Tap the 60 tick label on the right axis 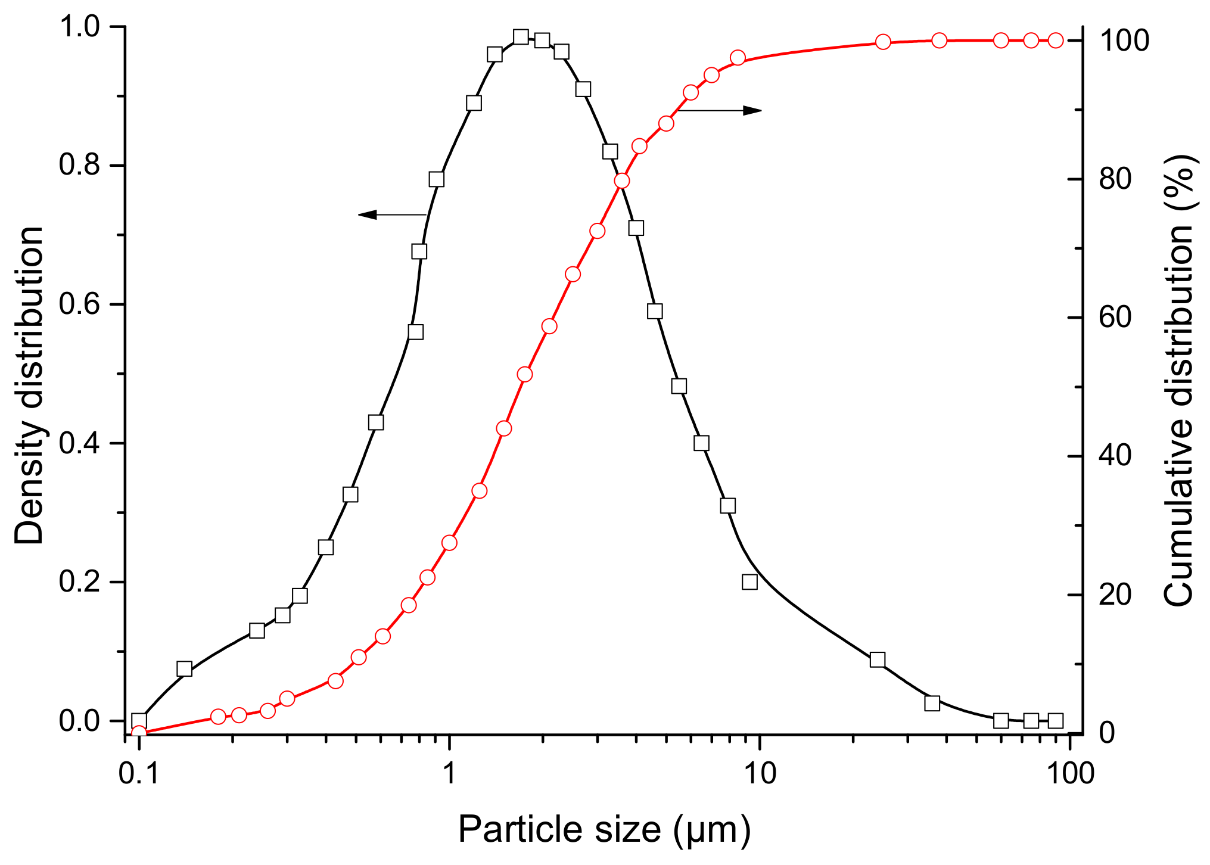(1115, 318)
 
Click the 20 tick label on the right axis (1115, 595)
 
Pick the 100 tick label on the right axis (1124, 41)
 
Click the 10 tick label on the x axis (760, 773)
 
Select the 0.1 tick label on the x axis (139, 773)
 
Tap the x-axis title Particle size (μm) (604, 829)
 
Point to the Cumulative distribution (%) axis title (1178, 381)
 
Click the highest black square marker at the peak (521, 37)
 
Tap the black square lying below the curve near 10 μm (749, 582)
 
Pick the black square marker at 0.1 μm (139, 721)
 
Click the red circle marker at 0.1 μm (139, 733)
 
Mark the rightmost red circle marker (1056, 41)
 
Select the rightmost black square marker (1056, 721)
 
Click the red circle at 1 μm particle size (449, 543)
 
